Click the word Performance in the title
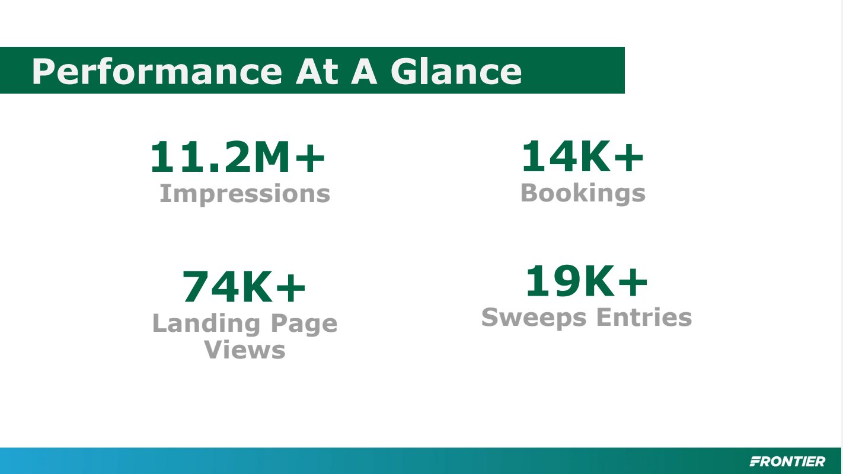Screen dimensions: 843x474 click(157, 72)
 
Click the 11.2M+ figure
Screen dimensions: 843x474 click(238, 156)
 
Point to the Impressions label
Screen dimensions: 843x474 click(245, 194)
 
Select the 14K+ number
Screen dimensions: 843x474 click(583, 156)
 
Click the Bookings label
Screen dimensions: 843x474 click(583, 193)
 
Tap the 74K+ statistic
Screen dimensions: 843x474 click(244, 287)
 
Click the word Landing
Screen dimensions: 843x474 click(206, 324)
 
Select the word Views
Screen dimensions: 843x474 click(245, 350)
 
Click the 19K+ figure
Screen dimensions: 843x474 click(587, 281)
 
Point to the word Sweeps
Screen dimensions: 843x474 click(534, 318)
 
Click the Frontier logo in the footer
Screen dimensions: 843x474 click(787, 461)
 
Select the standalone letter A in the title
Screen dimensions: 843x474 click(364, 72)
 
